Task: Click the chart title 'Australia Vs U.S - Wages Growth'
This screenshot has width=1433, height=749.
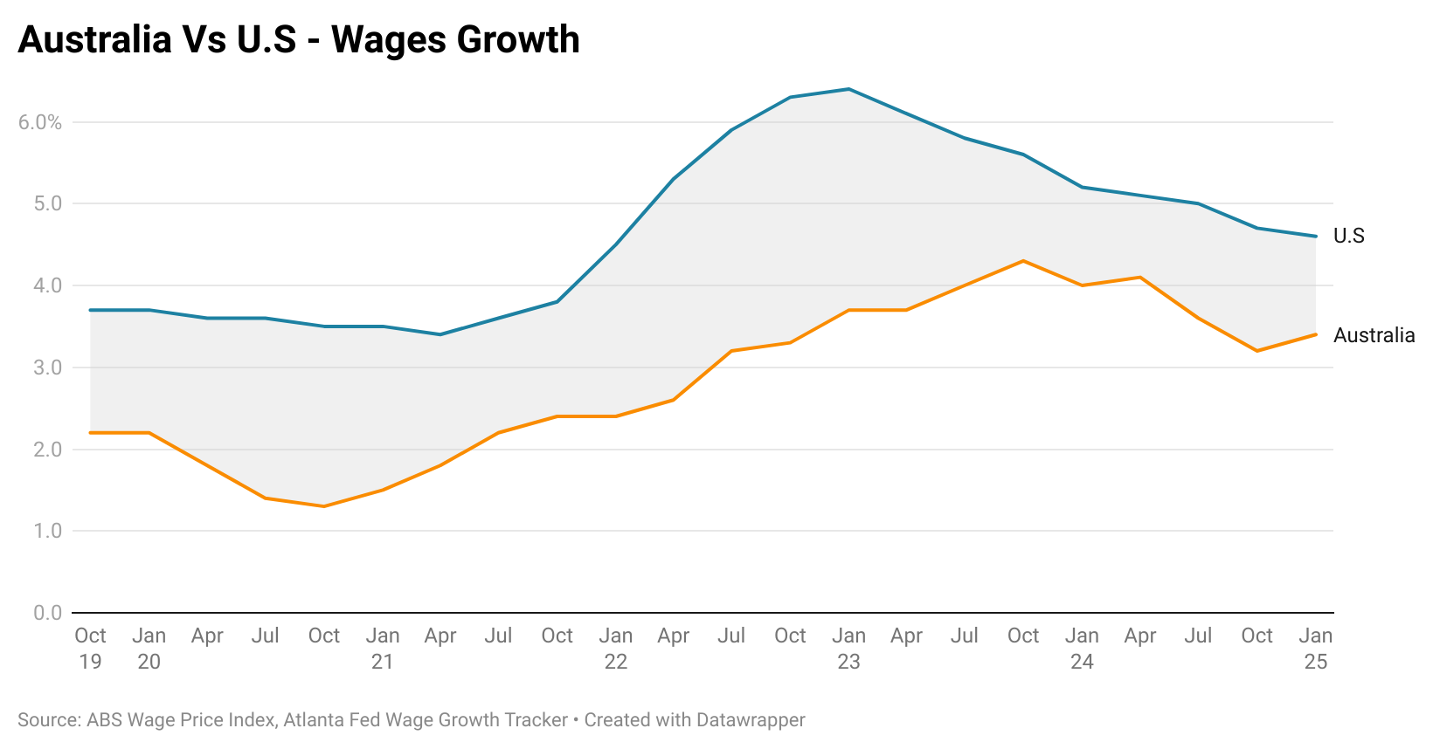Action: pos(299,40)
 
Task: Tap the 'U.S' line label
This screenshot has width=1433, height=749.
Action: pos(1348,236)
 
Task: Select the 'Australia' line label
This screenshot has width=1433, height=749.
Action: pos(1374,335)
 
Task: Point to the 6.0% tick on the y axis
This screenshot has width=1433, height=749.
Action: pos(40,122)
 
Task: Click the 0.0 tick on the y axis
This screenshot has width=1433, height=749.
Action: pos(48,613)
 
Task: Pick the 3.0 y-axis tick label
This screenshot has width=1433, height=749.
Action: pos(48,368)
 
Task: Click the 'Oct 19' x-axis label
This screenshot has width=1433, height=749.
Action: pos(90,648)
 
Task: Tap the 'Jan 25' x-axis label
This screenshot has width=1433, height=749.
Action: pos(1316,648)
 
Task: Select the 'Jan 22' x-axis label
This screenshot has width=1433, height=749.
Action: pos(616,648)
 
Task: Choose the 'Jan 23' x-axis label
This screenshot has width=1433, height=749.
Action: pos(849,648)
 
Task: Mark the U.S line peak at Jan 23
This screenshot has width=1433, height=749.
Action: pos(848,89)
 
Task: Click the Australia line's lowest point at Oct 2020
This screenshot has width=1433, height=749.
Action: pos(324,506)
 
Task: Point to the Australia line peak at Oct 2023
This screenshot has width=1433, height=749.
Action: pos(1023,261)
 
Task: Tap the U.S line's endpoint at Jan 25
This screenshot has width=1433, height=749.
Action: pos(1316,236)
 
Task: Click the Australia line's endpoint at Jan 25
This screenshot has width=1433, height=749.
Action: pos(1316,334)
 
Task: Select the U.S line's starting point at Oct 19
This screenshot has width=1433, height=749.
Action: pos(91,310)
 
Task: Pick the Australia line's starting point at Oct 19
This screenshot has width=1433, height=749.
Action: pos(91,433)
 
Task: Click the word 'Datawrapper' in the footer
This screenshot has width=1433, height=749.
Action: pos(751,720)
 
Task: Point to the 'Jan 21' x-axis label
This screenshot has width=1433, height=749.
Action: pos(383,648)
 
